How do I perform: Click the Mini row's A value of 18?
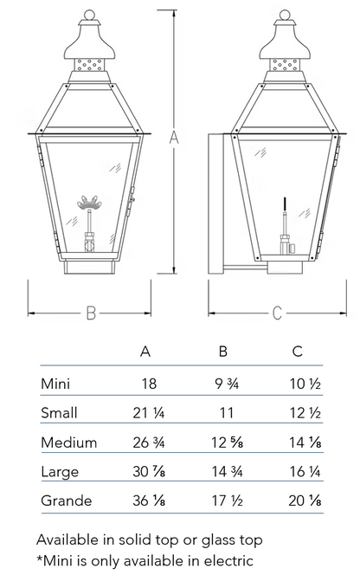click(x=149, y=384)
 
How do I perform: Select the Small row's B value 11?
click(x=226, y=413)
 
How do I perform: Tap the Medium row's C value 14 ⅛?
click(x=305, y=443)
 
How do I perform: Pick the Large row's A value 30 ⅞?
click(x=149, y=471)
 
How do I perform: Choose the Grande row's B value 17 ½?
click(x=228, y=501)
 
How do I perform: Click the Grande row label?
click(x=67, y=501)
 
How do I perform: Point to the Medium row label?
click(x=69, y=443)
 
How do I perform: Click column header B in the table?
click(x=223, y=352)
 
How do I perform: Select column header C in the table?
click(x=298, y=352)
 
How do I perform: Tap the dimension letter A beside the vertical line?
click(x=174, y=138)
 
